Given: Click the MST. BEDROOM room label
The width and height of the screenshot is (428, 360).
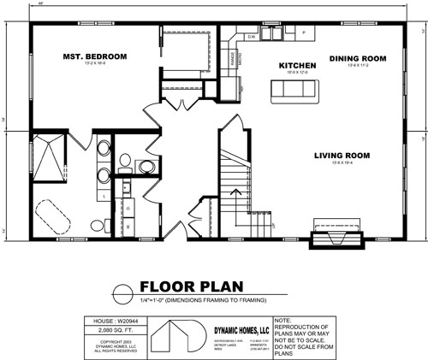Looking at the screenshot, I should (x=94, y=56).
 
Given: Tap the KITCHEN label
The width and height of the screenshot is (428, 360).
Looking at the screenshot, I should (x=298, y=65).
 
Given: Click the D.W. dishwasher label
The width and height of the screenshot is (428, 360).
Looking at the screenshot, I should (x=252, y=38).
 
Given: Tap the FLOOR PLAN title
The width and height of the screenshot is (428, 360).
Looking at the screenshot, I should (x=191, y=286).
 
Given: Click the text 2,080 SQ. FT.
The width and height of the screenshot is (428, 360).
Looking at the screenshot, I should (x=109, y=328).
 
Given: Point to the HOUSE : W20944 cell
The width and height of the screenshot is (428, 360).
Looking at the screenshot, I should (x=109, y=320).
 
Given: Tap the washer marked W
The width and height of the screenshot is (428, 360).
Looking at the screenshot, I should (x=128, y=227).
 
